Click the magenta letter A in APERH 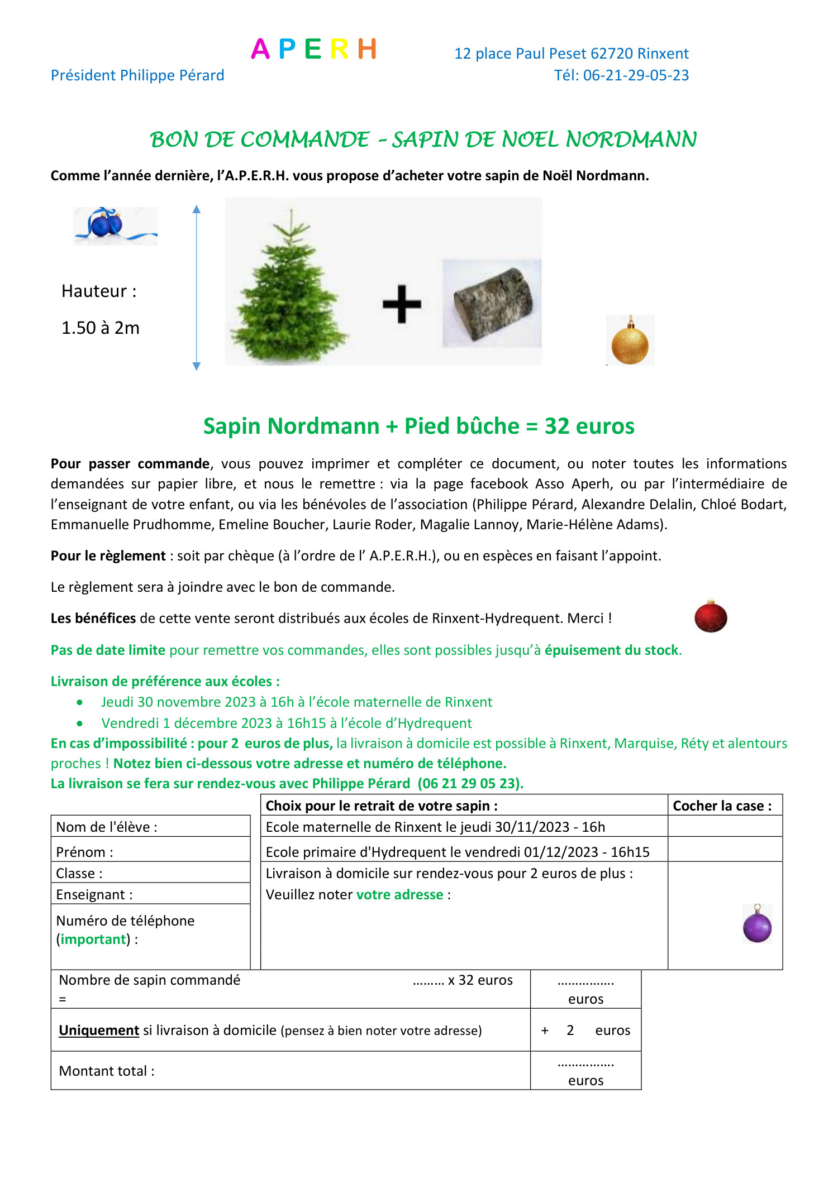260,49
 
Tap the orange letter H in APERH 367,49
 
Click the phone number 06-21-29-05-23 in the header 636,75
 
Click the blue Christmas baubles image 115,226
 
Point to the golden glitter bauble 630,342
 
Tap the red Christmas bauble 711,617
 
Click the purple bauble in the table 758,926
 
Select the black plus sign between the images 402,304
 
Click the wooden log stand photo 492,303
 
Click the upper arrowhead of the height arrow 197,210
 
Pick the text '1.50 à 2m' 101,328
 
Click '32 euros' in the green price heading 589,426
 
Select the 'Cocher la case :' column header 722,806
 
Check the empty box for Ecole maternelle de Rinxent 725,827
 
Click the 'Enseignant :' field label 94,895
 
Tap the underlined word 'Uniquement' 99,1030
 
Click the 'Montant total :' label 107,1071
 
